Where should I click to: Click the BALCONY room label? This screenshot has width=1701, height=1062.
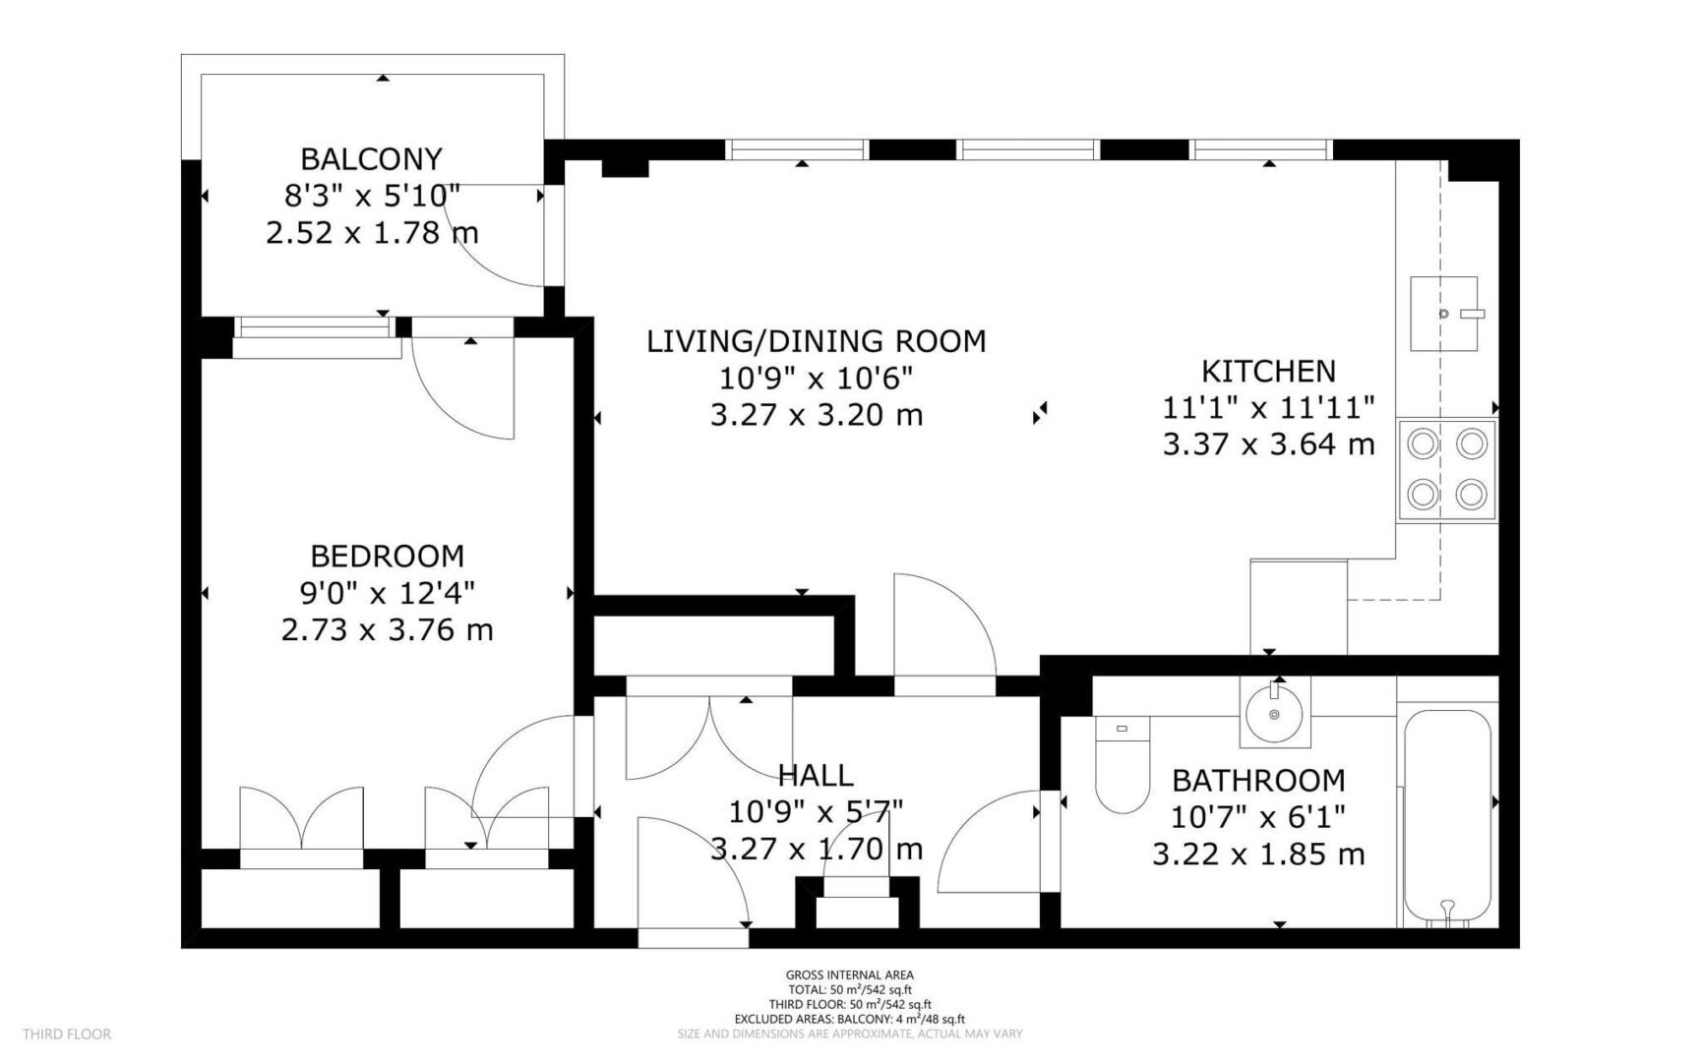(372, 158)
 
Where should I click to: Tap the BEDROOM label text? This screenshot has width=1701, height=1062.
(388, 556)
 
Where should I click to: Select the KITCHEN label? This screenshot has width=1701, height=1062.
(1269, 371)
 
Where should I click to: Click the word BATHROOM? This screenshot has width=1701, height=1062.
(1258, 780)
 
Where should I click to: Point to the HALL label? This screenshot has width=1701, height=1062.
(816, 775)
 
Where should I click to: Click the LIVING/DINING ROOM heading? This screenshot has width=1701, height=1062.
(817, 341)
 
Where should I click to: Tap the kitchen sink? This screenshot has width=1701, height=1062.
(1444, 314)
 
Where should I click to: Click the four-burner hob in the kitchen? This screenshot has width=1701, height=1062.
(1447, 470)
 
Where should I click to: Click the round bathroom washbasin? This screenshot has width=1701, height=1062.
(1274, 711)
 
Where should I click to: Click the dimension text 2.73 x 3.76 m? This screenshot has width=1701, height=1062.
(388, 629)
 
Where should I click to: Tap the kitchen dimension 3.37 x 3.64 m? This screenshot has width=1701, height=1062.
(1269, 444)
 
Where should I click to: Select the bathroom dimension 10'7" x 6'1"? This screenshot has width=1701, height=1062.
(1258, 816)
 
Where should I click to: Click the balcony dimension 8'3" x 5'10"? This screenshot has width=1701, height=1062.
(372, 196)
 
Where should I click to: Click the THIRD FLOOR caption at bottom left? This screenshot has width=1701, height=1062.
(67, 1033)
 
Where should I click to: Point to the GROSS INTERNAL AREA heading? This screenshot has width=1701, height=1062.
(850, 975)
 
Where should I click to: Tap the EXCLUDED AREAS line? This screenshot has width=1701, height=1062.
(850, 1020)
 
